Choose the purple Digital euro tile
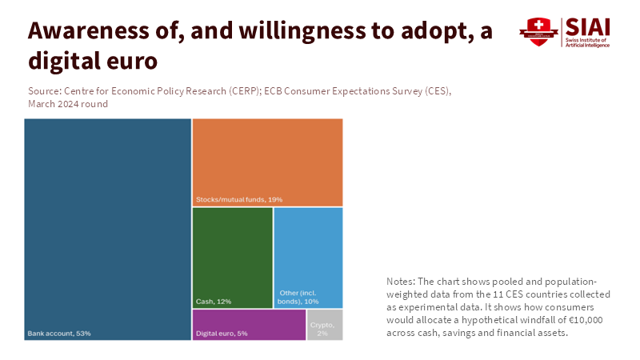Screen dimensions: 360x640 pos(249,324)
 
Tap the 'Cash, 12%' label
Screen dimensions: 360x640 pos(214,302)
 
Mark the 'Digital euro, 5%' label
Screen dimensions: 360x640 pos(222,333)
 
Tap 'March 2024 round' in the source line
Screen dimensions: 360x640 pos(68,104)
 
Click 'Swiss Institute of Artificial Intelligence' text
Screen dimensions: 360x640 pos(587,42)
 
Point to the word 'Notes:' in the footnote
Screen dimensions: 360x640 pos(400,282)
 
